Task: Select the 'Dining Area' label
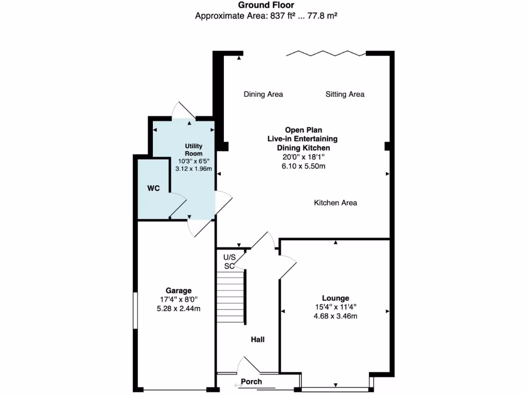coord(263,94)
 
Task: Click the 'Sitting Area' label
coord(345,94)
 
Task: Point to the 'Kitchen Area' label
coord(335,203)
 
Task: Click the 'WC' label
coord(153,189)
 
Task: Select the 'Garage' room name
coord(178,291)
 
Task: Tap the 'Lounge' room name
coord(335,298)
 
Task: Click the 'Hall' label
coord(257,339)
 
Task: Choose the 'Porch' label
coord(252,382)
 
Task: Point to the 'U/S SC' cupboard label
coord(229,261)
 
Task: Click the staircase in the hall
coord(230,297)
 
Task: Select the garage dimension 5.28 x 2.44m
coord(178,309)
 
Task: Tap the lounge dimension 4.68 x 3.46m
coord(335,316)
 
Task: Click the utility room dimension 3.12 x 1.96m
coord(194,168)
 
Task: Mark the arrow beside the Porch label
coord(237,385)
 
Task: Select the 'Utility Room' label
coord(194,150)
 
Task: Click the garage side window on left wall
coord(135,310)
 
